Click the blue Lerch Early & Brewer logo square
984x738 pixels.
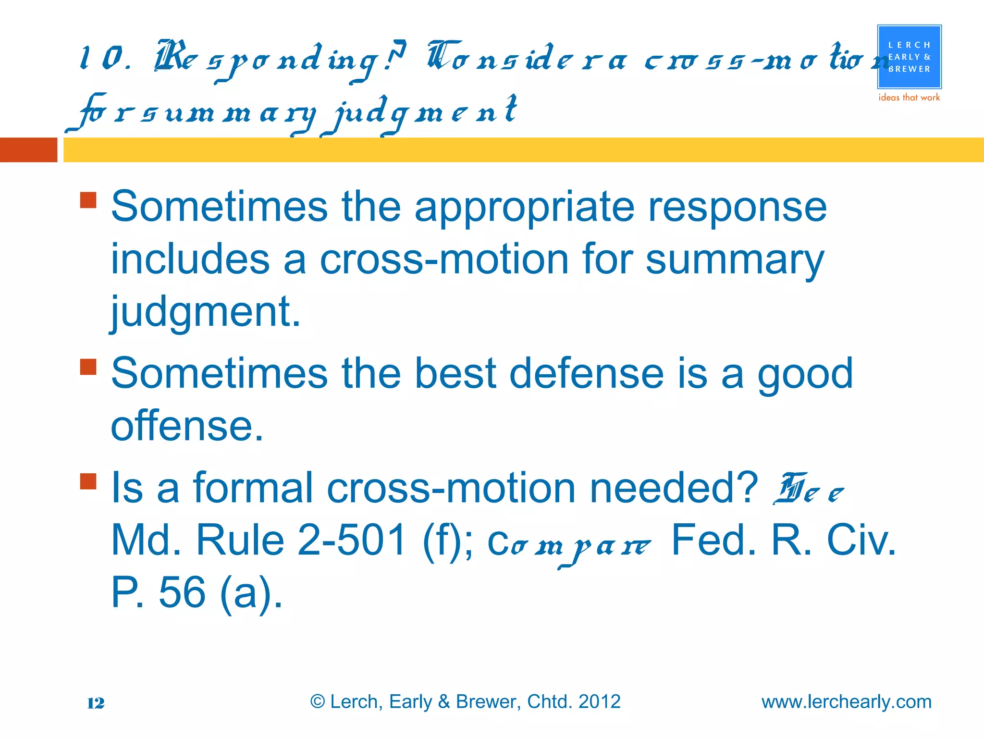coord(909,57)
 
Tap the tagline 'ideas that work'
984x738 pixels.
coord(909,98)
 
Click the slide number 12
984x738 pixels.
coord(96,703)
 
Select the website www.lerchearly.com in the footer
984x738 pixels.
coord(846,702)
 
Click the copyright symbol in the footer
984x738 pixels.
coord(318,701)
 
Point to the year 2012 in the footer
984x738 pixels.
coord(599,701)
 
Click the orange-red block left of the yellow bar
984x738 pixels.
coord(28,150)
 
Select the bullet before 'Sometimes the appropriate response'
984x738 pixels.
coord(88,200)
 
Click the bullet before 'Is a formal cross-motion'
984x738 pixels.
coord(88,481)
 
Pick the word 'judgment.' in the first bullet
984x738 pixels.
coord(206,312)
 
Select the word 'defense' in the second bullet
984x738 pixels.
coord(586,374)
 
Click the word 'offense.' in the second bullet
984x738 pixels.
coord(187,426)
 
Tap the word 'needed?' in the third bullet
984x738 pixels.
coord(674,488)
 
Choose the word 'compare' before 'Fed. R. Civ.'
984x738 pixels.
coord(569,546)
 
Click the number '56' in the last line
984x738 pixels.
coord(182,592)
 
